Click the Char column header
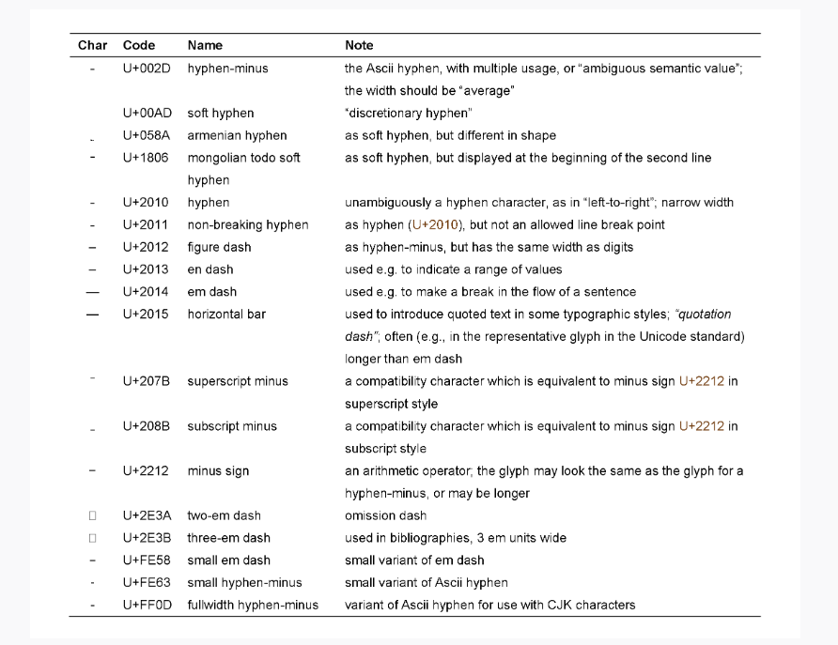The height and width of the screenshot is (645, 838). (x=92, y=45)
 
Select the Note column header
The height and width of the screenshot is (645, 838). (x=359, y=45)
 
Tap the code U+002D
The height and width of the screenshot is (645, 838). (x=147, y=69)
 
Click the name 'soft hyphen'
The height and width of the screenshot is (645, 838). (x=221, y=114)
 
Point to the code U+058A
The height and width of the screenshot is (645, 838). (x=147, y=135)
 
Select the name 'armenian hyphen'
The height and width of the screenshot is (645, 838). (x=237, y=135)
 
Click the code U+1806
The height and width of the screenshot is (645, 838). (x=147, y=158)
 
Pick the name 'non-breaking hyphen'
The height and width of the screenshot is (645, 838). (x=248, y=225)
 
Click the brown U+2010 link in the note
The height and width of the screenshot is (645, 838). (x=441, y=225)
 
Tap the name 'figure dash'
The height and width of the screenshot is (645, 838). (x=219, y=248)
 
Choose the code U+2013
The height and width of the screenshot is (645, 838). (x=147, y=269)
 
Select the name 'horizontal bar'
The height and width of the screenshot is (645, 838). (x=226, y=315)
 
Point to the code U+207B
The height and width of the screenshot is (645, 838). (x=147, y=381)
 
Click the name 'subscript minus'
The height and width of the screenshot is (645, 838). (x=232, y=426)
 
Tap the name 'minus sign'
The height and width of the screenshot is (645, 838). (x=218, y=471)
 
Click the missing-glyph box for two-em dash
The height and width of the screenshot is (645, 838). (x=92, y=515)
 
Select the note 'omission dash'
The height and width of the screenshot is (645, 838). (x=385, y=515)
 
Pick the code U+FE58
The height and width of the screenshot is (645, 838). (x=147, y=561)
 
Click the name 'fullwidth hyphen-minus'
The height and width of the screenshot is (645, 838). (x=253, y=605)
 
